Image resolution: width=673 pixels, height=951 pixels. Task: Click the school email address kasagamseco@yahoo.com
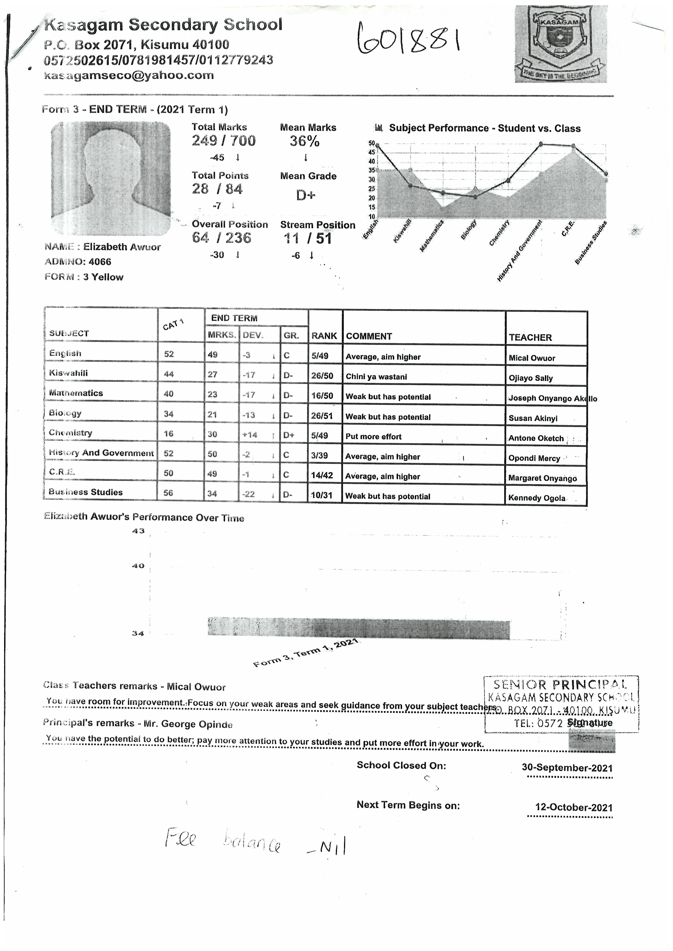[129, 75]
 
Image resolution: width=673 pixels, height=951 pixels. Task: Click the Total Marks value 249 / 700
[223, 141]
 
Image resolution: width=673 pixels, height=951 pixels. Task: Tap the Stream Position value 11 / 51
[307, 239]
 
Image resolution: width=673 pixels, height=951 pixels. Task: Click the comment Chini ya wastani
[376, 377]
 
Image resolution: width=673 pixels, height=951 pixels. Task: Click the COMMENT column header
[369, 336]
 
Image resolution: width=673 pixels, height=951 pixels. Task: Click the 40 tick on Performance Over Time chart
[138, 566]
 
